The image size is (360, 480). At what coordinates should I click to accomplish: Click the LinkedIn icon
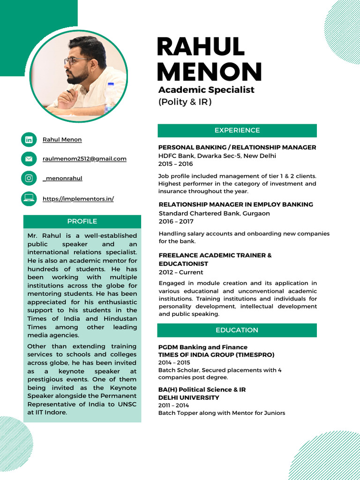click(29, 140)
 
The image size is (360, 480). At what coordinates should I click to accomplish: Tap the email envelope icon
click(29, 159)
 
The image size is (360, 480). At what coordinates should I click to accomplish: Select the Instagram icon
click(29, 178)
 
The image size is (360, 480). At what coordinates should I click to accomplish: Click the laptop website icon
click(29, 199)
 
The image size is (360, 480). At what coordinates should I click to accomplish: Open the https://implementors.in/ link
click(78, 199)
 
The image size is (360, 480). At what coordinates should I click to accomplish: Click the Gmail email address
click(84, 159)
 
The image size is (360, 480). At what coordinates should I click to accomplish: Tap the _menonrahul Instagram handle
click(62, 178)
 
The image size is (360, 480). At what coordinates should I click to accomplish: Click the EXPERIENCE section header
click(237, 130)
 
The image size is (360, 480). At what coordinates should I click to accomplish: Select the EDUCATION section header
click(237, 330)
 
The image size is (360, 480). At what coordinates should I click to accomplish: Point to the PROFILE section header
click(82, 221)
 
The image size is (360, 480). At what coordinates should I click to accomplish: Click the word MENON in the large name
click(209, 72)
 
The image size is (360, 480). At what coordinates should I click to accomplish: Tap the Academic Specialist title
click(206, 90)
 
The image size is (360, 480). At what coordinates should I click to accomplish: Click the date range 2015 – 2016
click(175, 164)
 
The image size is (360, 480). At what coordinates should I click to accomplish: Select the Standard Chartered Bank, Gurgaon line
click(214, 213)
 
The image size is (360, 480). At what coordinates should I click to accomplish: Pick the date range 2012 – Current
click(181, 272)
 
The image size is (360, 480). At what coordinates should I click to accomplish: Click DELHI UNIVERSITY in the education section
click(189, 397)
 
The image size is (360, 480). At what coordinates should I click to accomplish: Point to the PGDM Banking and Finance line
click(203, 347)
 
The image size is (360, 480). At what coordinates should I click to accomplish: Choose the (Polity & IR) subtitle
click(185, 102)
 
